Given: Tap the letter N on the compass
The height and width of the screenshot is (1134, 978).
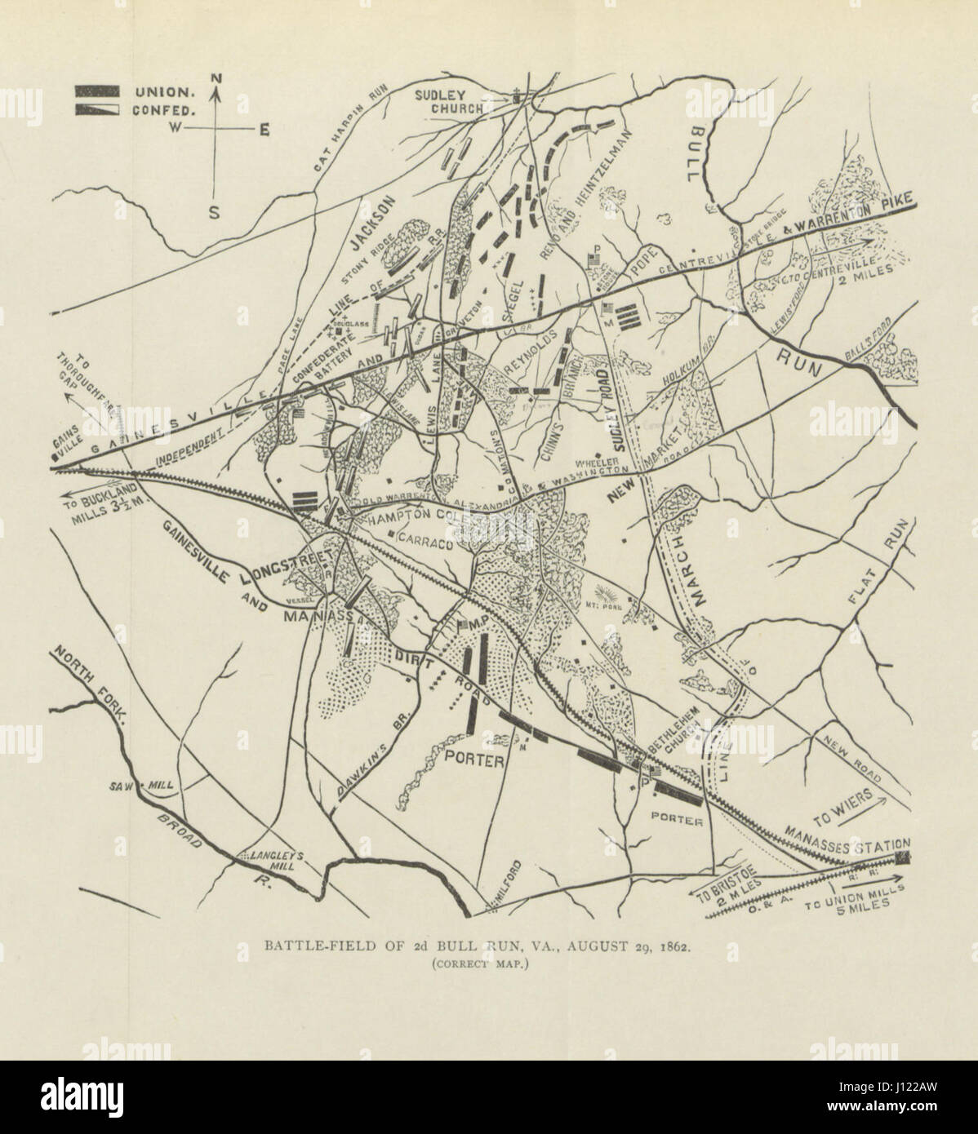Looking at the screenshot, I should [216, 78].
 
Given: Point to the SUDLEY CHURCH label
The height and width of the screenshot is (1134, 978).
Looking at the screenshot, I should [452, 100].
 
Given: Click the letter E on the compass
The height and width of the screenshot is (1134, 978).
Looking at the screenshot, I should [265, 130].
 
